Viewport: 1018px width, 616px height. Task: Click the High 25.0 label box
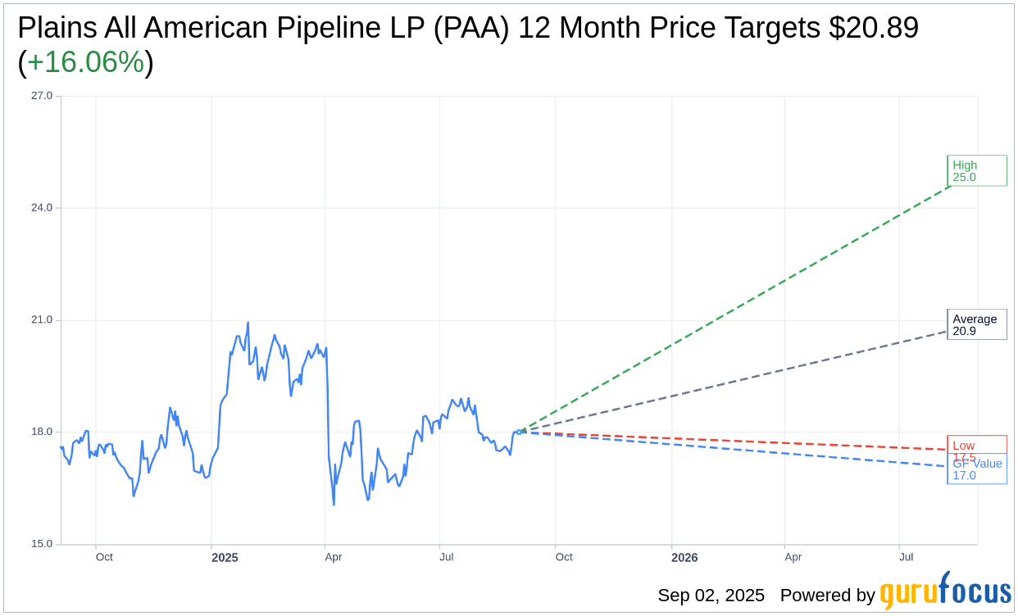(x=976, y=170)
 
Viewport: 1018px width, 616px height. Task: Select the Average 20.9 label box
(x=976, y=324)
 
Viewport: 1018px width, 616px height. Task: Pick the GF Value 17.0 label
(x=977, y=470)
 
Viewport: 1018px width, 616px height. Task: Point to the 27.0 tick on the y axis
(x=42, y=96)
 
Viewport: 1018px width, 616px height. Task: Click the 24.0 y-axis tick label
(x=42, y=208)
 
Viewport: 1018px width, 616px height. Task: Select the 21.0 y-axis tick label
(x=42, y=320)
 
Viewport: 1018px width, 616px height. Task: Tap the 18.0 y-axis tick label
(x=42, y=432)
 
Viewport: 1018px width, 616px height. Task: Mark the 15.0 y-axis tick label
(x=42, y=544)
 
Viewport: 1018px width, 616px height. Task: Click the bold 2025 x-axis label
(x=225, y=558)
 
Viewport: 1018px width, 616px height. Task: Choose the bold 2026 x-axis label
(x=684, y=558)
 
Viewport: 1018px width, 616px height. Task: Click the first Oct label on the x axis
(x=104, y=558)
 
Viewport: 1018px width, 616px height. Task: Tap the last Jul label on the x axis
(x=907, y=558)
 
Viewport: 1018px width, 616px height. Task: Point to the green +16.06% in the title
(x=85, y=62)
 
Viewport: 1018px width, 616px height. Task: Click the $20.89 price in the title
(x=873, y=28)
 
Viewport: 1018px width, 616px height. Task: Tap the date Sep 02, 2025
(x=711, y=596)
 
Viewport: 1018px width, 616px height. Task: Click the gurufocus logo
(x=945, y=591)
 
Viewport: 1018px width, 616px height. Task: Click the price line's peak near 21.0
(x=248, y=323)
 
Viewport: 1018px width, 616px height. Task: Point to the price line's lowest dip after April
(x=334, y=505)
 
